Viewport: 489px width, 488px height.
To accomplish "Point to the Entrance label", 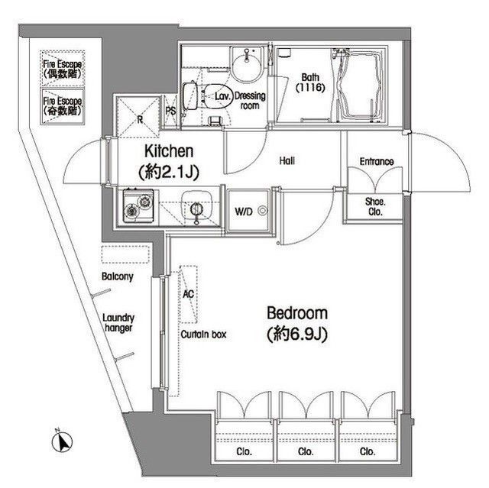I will point(377,162).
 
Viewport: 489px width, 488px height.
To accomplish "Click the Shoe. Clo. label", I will point(374,208).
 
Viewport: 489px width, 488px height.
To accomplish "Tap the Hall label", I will point(287,161).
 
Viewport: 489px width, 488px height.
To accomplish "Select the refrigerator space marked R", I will point(140,115).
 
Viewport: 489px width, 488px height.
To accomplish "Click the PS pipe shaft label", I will point(172,110).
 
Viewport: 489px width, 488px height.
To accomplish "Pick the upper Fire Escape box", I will point(63,69).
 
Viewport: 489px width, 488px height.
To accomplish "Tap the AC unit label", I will point(188,292).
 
